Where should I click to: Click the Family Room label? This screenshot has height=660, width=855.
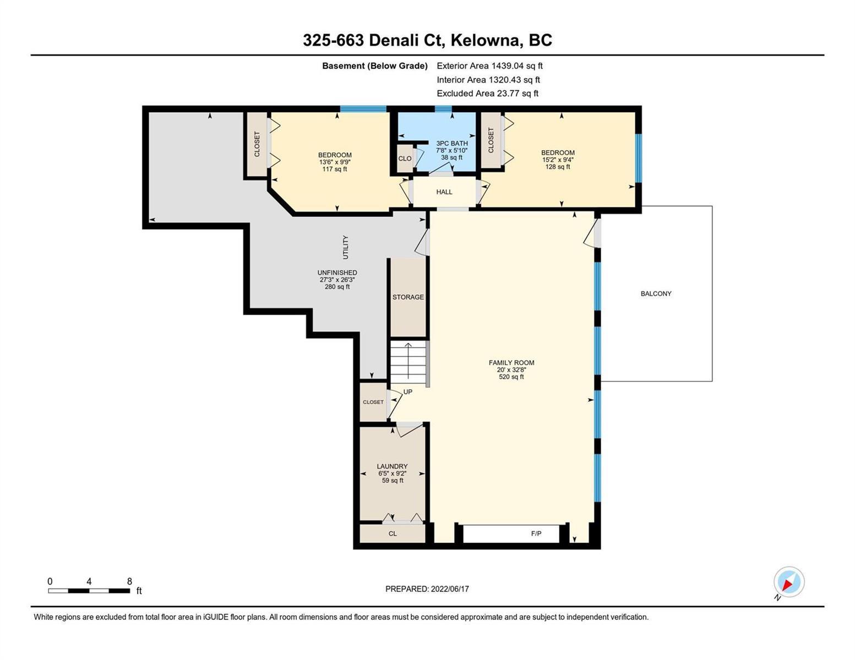point(511,370)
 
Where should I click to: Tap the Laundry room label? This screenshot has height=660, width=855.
point(393,474)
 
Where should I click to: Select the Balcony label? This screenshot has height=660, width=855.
point(656,294)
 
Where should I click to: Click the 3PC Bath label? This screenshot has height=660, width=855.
point(451,150)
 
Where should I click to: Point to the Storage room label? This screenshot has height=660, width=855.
point(408,297)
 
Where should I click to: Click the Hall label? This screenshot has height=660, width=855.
point(444,192)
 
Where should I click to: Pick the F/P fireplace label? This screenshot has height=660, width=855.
point(536,533)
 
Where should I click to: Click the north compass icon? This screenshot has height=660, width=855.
point(789,582)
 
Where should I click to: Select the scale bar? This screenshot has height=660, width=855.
point(89,591)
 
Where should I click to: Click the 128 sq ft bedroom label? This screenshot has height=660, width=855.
point(558,159)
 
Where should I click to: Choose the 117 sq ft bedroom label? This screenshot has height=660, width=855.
point(335,162)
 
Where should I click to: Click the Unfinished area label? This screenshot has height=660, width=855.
point(337,279)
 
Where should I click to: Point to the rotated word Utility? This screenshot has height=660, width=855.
point(345,248)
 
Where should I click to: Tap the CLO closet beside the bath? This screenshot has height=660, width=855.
point(405,158)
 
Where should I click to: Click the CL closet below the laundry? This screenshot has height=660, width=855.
point(393,533)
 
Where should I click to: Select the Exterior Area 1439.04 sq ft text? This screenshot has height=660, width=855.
point(489,65)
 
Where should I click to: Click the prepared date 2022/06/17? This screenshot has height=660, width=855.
point(450,589)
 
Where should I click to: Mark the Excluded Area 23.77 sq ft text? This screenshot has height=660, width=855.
point(487,93)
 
